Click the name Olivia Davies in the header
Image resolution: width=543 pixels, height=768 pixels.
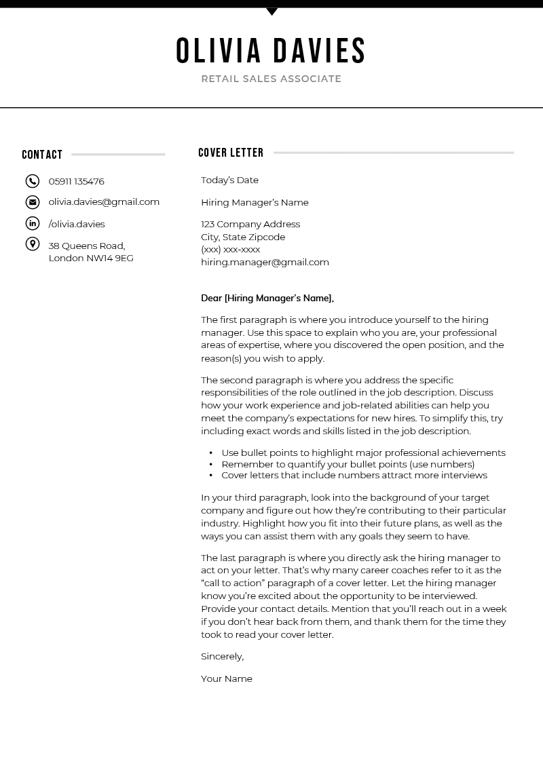[271, 51]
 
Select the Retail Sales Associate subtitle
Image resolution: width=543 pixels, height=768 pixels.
[271, 79]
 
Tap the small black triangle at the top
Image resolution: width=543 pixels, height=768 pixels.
[271, 12]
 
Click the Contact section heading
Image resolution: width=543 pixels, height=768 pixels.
[42, 155]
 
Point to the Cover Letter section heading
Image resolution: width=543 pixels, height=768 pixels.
[231, 153]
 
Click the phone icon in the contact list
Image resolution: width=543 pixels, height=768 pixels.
[33, 181]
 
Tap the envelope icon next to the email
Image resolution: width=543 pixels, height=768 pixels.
[33, 201]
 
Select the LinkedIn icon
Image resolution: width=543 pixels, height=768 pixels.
[33, 223]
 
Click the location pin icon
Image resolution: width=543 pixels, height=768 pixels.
[33, 244]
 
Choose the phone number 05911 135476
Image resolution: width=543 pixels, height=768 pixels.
[76, 181]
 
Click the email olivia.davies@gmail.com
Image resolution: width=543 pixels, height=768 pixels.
[104, 201]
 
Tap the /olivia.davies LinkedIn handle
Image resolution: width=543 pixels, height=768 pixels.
[77, 224]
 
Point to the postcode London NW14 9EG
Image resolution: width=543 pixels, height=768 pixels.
[91, 258]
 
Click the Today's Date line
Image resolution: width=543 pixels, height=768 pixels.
[229, 180]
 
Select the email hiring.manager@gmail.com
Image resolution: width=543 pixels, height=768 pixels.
[265, 262]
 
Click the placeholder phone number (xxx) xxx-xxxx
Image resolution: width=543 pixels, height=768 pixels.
[230, 249]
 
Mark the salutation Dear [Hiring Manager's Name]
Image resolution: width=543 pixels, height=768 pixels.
[267, 298]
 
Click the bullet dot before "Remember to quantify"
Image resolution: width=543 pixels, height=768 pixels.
[212, 465]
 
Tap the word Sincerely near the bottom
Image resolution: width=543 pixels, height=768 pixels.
[222, 656]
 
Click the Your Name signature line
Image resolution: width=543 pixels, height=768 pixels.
[227, 678]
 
